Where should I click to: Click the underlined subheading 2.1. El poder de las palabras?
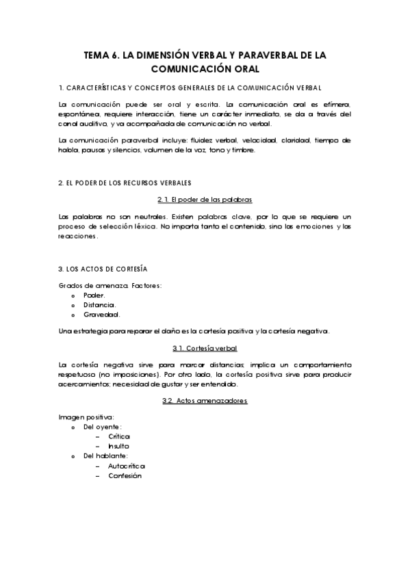205,199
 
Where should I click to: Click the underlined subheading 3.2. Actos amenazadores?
205,401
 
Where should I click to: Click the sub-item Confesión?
125,476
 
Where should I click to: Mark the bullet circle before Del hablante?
73,456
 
